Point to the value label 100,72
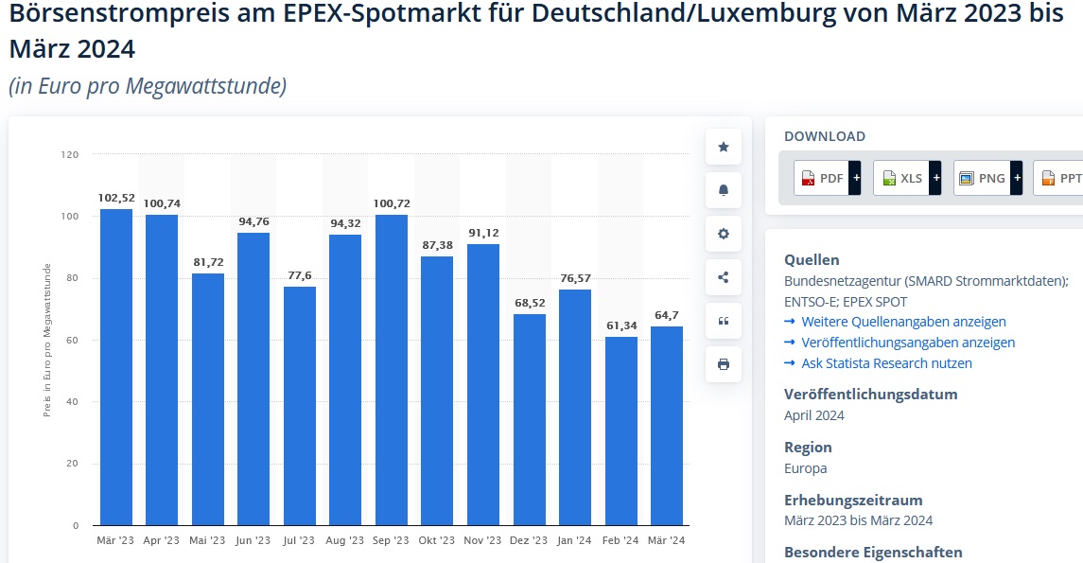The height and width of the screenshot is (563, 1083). (392, 203)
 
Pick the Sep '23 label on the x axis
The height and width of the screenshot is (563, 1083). (392, 540)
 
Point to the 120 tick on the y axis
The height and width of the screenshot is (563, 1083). (70, 154)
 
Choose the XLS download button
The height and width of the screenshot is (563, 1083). (906, 178)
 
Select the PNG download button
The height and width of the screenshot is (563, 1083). (987, 178)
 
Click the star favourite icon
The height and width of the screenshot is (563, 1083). (724, 147)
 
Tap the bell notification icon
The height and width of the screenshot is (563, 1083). (724, 190)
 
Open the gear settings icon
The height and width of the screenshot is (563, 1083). (724, 234)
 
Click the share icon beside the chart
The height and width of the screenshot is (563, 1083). (724, 277)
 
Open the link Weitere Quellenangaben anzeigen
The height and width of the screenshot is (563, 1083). (903, 322)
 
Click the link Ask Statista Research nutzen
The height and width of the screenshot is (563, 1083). (886, 363)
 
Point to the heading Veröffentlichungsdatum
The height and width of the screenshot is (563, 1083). (870, 394)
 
